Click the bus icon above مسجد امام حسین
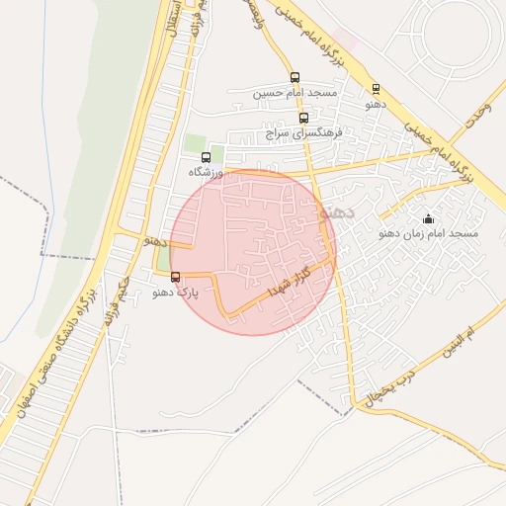295,77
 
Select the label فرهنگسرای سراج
303,131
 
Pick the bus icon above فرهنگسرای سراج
302,118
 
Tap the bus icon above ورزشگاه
206,157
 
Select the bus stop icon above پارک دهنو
176,277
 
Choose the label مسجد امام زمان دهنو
428,234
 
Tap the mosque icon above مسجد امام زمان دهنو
427,218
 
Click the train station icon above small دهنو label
376,88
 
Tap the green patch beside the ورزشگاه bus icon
195,142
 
